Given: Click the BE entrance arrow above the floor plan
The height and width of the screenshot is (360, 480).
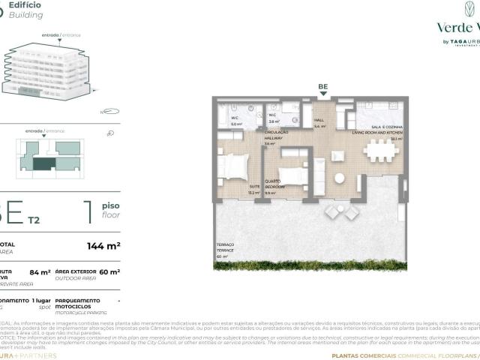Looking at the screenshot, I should (x=323, y=95).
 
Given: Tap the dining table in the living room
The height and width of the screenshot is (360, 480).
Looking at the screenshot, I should (x=381, y=151).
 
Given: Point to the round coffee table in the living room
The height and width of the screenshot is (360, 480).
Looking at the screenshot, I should (x=339, y=179).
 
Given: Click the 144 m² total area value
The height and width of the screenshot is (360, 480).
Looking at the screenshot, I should (x=103, y=245).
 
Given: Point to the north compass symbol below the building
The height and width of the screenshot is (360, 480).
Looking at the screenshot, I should (x=110, y=112).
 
